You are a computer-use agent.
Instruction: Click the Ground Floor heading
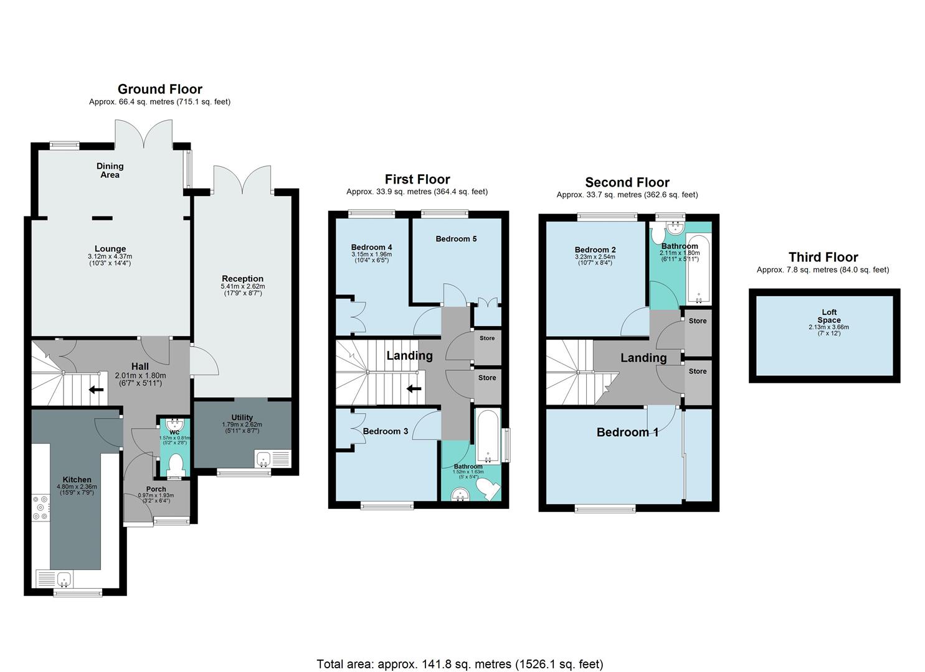click(159, 89)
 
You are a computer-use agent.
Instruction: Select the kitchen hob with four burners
click(40, 507)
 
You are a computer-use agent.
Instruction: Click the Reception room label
click(242, 279)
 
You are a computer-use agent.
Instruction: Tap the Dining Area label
click(110, 170)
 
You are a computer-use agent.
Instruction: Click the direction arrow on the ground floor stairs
click(96, 390)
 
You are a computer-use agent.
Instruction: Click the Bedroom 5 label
click(456, 239)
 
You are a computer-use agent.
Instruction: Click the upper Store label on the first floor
click(487, 338)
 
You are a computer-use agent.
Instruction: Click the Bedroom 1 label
click(627, 432)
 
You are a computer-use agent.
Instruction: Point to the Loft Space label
click(828, 316)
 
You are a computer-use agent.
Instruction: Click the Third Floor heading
click(823, 257)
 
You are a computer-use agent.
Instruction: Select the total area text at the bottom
click(460, 664)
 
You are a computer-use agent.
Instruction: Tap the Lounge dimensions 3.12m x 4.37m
click(110, 256)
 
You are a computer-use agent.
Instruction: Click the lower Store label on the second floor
click(698, 371)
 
